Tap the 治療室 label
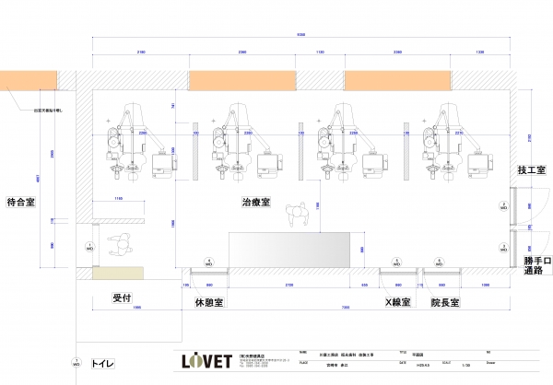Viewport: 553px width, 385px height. (x=255, y=202)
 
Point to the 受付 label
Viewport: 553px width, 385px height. (x=124, y=297)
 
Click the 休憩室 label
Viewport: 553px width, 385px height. (x=210, y=301)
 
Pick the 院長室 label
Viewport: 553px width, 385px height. (x=447, y=301)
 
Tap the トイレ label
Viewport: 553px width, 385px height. (x=102, y=365)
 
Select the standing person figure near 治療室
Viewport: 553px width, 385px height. (x=298, y=216)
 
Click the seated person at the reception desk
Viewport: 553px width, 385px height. (x=121, y=247)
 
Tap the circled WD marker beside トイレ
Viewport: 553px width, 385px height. (x=76, y=365)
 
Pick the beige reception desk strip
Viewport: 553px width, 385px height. (x=120, y=273)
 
